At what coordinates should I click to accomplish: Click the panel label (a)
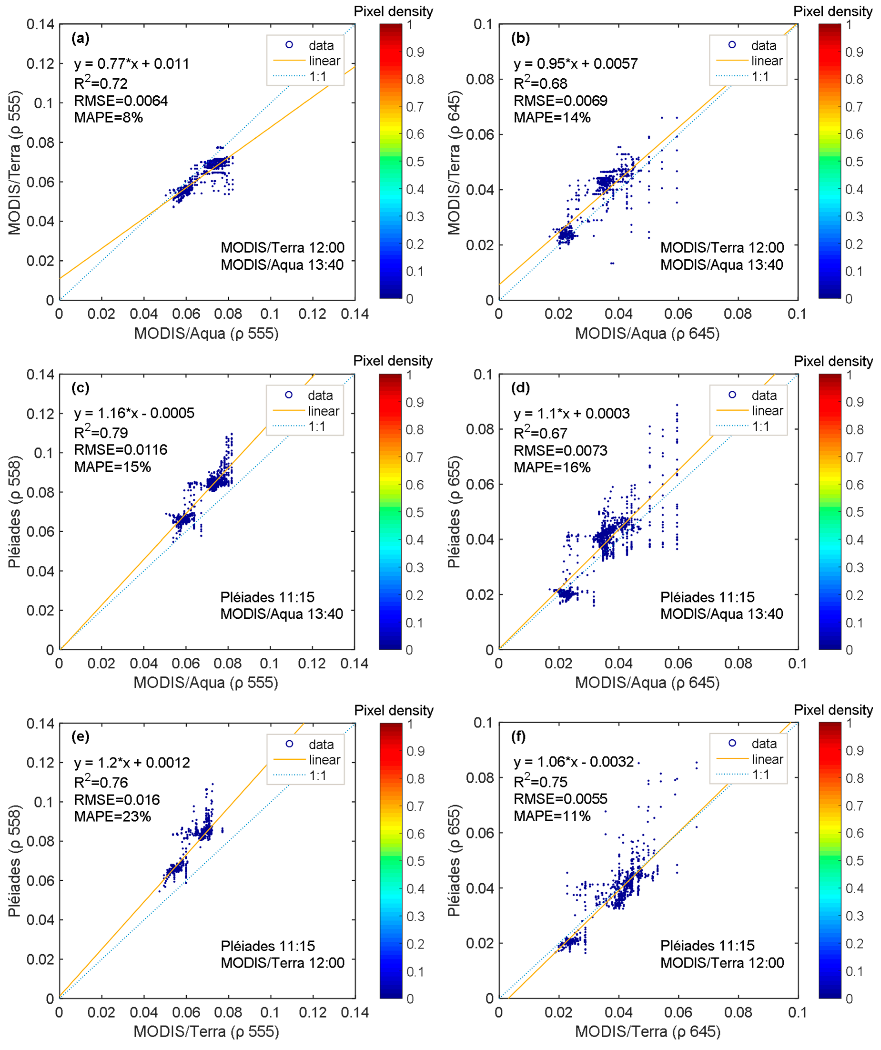click(81, 39)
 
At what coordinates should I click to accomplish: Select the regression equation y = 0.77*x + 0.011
click(131, 64)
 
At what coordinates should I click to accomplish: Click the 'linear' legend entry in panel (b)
click(766, 61)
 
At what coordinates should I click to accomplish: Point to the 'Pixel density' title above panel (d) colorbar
click(833, 361)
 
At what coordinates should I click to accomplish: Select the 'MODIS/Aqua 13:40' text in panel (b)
click(721, 265)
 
